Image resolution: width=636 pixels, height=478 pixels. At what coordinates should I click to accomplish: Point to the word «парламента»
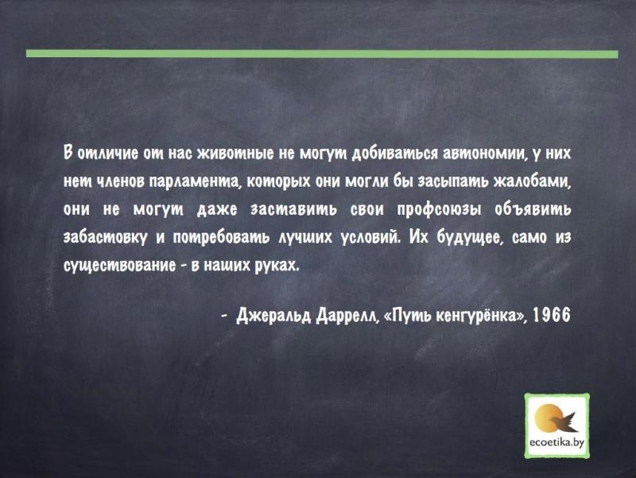pos(196,182)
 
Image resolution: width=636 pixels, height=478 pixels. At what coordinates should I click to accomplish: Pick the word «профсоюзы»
pos(440,210)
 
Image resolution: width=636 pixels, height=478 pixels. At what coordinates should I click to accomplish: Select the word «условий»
pos(369,237)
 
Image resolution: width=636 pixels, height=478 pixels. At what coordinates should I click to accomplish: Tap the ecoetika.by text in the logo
pos(557,442)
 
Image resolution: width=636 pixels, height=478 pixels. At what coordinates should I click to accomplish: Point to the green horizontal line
pos(322,53)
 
